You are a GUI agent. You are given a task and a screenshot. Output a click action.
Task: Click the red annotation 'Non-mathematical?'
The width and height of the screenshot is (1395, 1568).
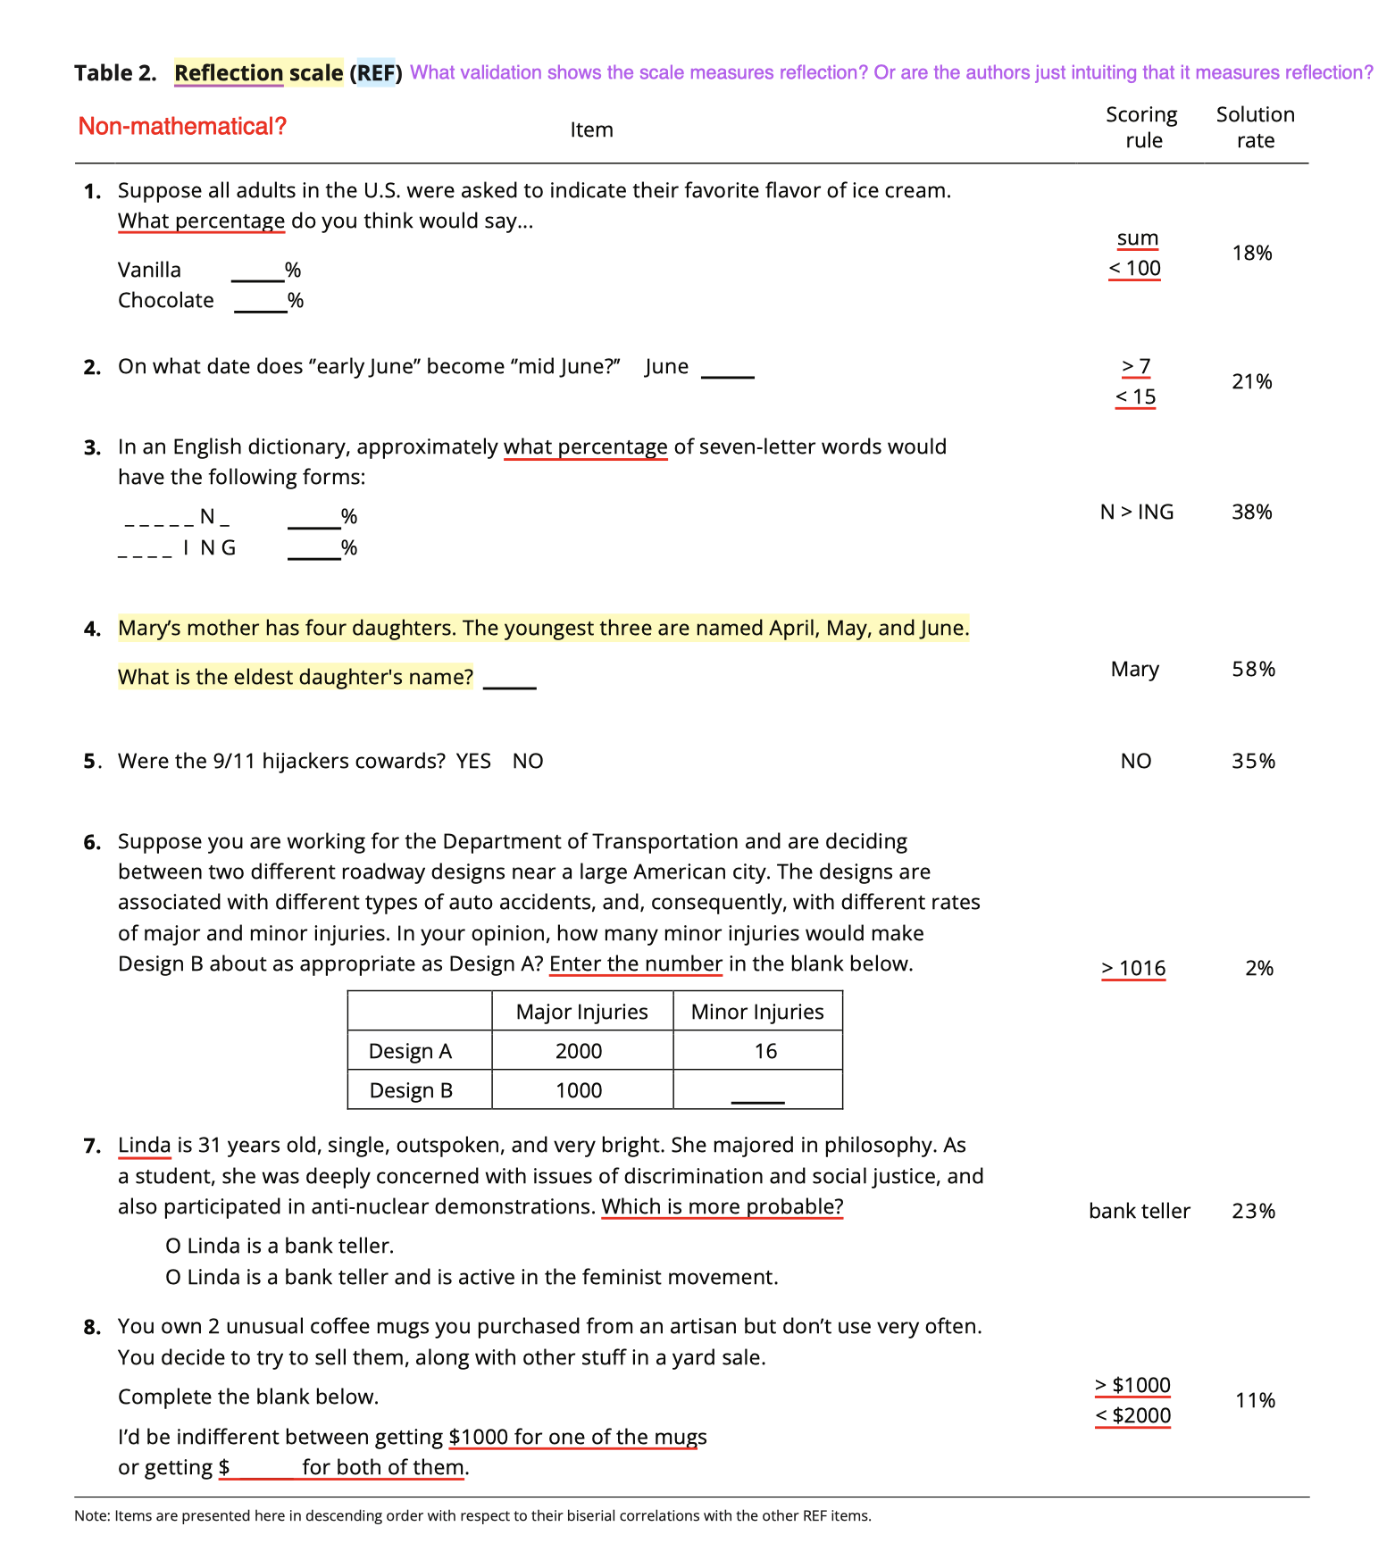pos(182,127)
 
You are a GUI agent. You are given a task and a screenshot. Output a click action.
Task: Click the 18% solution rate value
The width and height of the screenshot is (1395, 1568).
pos(1251,254)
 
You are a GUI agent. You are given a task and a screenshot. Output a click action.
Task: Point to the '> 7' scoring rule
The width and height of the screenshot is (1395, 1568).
pos(1136,366)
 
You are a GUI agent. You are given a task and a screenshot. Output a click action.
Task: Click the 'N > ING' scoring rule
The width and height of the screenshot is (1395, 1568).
pos(1136,512)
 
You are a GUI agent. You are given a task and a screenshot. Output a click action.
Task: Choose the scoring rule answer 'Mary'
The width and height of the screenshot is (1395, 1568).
pos(1134,669)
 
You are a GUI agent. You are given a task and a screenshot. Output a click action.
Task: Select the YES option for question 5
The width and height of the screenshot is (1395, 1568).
pos(473,761)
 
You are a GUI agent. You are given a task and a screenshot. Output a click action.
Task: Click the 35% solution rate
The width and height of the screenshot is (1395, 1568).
pos(1253,761)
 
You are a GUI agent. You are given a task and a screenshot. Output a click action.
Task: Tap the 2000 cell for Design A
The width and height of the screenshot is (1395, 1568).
pos(579,1051)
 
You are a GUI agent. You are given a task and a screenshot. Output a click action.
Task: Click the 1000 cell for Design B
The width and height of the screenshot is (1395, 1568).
pos(579,1090)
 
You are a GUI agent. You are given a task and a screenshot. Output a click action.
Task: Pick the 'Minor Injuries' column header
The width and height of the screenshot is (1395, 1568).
pos(757,1012)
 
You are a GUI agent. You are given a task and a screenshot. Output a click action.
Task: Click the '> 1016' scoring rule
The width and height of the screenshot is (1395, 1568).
pos(1133,968)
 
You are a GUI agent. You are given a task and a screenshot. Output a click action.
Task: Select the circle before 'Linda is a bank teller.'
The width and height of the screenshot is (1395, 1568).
pos(173,1247)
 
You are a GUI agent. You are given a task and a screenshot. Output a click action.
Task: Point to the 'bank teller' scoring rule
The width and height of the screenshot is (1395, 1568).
pos(1139,1211)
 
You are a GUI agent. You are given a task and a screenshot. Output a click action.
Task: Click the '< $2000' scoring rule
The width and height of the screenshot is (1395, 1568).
pos(1132,1415)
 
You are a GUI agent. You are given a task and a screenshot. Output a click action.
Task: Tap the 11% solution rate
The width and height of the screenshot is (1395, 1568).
pos(1254,1400)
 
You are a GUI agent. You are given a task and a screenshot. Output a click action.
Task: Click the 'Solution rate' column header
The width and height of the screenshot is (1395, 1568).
pos(1255,127)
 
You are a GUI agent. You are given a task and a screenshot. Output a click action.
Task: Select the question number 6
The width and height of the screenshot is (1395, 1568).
pos(92,842)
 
